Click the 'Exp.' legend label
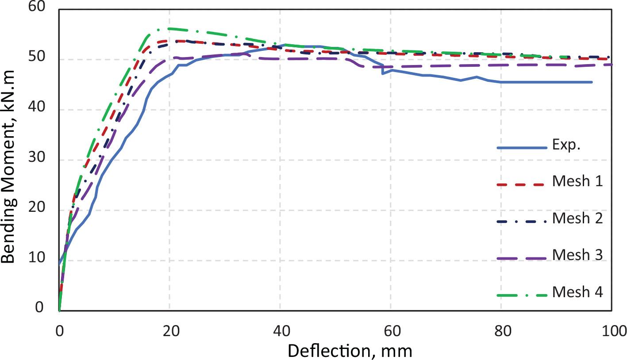click(566, 146)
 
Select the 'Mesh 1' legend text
click(577, 181)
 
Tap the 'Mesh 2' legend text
click(577, 218)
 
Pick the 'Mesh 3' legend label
click(577, 255)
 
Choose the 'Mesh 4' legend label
click(577, 292)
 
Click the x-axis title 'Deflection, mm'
click(350, 351)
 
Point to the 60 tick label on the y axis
click(36, 7)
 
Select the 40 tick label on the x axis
click(280, 330)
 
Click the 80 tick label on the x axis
click(501, 330)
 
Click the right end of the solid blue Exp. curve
click(592, 82)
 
